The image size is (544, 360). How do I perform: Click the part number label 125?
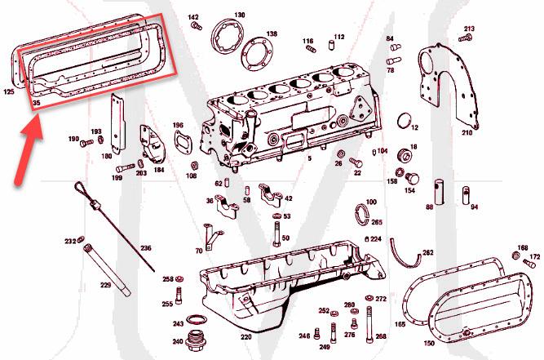[x=9, y=92]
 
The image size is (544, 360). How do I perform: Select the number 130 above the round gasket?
[x=239, y=15]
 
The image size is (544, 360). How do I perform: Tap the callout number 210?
[x=467, y=132]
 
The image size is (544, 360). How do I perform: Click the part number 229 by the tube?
[x=105, y=285]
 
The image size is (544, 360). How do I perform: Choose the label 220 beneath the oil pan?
[x=245, y=336]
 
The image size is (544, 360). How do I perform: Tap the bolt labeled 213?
[x=467, y=38]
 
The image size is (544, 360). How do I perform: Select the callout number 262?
[x=428, y=252]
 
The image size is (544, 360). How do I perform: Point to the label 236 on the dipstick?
[x=145, y=248]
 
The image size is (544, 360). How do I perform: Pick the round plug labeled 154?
[x=411, y=179]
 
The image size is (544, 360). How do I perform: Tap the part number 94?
[x=474, y=207]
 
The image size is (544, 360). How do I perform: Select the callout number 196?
[x=178, y=125]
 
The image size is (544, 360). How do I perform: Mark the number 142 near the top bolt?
[x=193, y=17]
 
